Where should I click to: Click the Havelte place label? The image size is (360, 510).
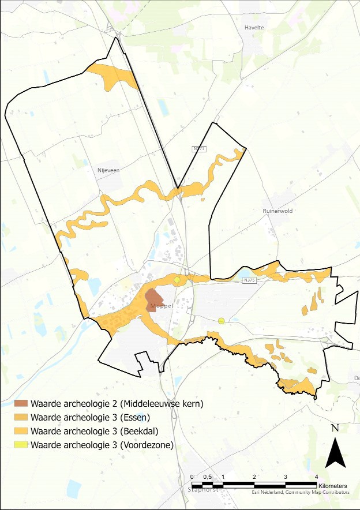click(x=254, y=27)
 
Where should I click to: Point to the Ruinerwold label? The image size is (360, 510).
click(x=277, y=211)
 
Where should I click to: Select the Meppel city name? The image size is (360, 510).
click(x=160, y=306)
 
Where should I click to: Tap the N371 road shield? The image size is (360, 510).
click(x=199, y=149)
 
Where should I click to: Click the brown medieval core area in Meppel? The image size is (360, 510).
click(x=154, y=299)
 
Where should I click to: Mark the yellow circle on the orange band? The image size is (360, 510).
click(x=177, y=280)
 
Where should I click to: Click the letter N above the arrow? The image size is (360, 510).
click(x=335, y=428)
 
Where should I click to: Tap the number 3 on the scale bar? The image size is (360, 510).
click(x=286, y=476)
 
